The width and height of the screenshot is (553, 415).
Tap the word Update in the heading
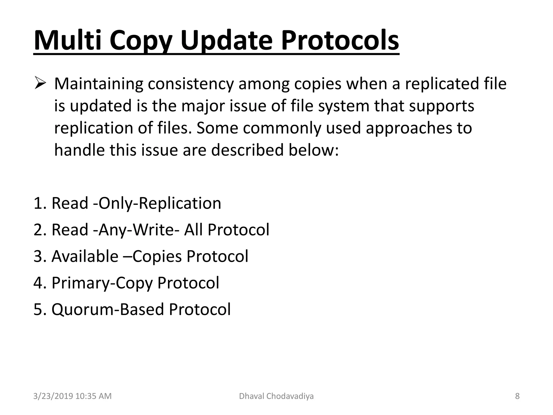[x=226, y=41]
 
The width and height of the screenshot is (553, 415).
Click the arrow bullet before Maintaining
[x=40, y=83]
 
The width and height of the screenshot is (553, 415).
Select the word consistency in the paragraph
[x=191, y=84]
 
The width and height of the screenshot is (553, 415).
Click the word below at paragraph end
[x=313, y=150]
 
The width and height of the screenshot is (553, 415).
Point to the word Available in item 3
[x=85, y=256]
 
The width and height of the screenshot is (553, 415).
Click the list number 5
[x=38, y=310]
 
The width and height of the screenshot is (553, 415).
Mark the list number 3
[x=38, y=256]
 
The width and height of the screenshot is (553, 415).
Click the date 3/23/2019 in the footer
[x=53, y=396]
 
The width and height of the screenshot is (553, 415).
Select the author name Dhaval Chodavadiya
[x=276, y=396]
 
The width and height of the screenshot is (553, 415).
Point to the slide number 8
[x=517, y=396]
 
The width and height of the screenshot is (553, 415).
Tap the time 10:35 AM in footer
[x=93, y=396]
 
